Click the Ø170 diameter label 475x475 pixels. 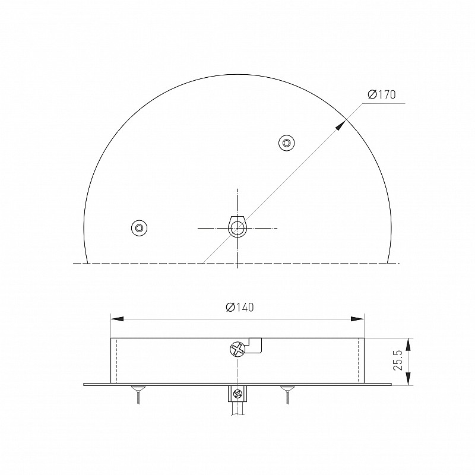point(382,94)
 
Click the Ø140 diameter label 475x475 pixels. point(240,307)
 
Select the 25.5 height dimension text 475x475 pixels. point(397,360)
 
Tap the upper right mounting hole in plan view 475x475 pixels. point(287,142)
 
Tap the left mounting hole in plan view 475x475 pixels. point(139,228)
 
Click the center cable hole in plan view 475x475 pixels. point(237,227)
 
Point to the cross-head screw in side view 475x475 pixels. point(237,349)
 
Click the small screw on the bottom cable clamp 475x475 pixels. point(237,394)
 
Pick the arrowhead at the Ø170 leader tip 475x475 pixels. point(340,125)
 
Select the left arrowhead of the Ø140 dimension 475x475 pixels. point(117,319)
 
